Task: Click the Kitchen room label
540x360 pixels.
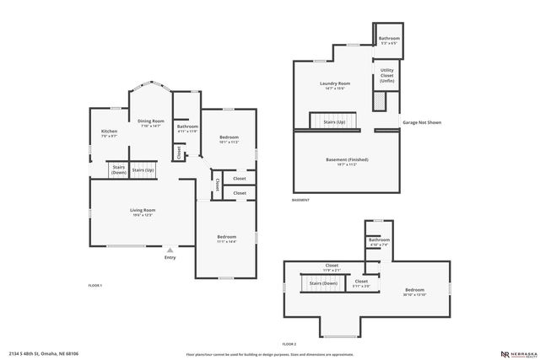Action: (110, 133)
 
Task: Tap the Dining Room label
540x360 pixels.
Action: (150, 123)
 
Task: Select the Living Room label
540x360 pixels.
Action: (142, 212)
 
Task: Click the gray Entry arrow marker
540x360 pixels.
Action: (170, 250)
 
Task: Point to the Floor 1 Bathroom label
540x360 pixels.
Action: (187, 128)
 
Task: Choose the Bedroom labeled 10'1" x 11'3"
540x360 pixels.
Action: (229, 139)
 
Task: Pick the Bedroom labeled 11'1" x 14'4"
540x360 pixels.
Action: (226, 239)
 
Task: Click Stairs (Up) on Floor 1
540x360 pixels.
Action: (144, 170)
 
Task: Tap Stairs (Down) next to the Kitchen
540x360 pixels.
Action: (117, 169)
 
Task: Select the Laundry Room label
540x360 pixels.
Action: (335, 85)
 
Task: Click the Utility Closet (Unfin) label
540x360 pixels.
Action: (386, 75)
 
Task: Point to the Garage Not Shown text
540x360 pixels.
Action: (422, 122)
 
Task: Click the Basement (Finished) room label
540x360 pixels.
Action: (347, 161)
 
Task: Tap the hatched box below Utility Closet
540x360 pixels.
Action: (380, 100)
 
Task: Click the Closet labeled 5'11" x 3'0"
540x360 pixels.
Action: (361, 283)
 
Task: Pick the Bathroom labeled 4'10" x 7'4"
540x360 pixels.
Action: (379, 242)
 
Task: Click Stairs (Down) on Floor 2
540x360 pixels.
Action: (323, 283)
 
